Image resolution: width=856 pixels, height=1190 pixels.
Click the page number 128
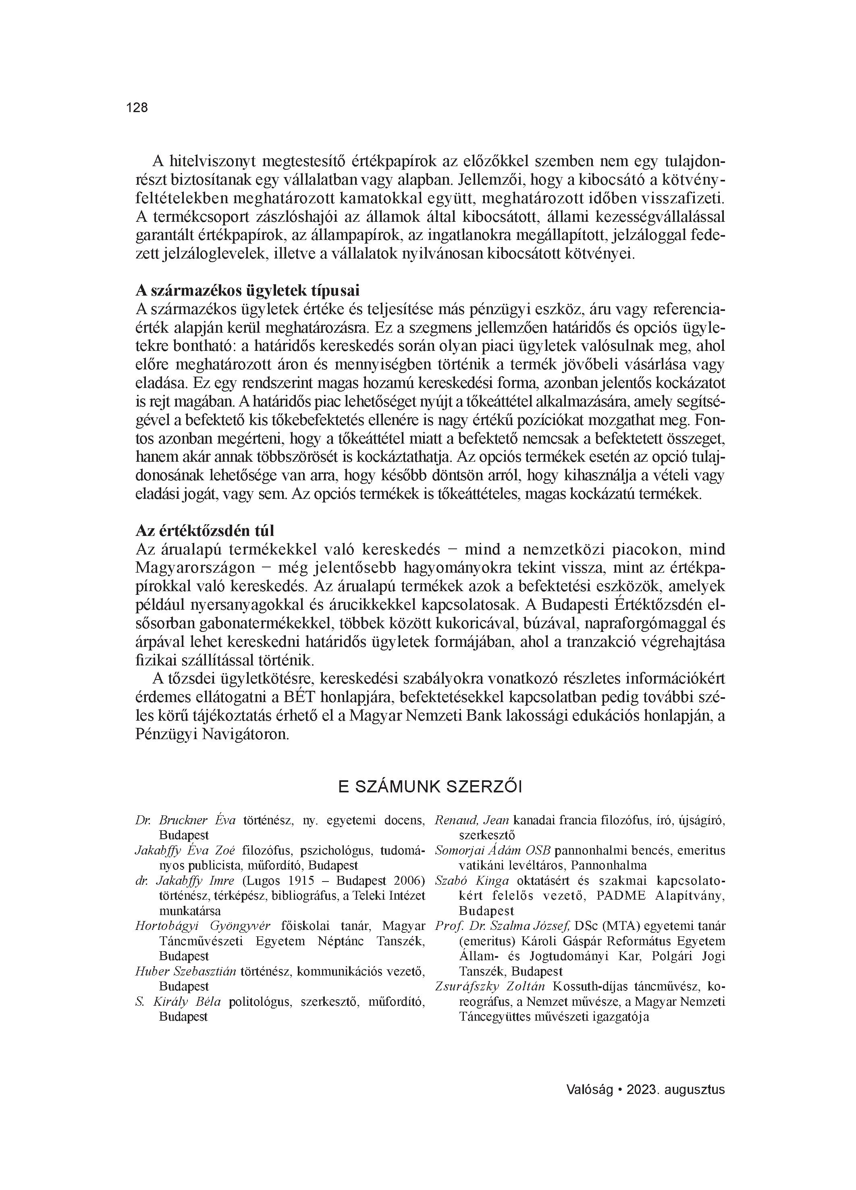click(x=137, y=108)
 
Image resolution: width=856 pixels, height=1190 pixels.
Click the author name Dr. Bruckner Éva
click(x=185, y=820)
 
